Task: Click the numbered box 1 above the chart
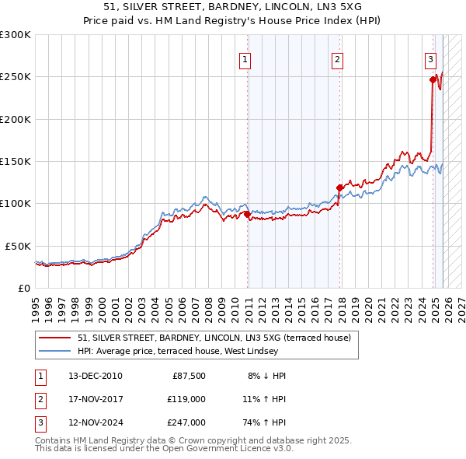click(x=245, y=59)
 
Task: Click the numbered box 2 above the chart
click(x=338, y=59)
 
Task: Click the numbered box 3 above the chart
click(x=429, y=59)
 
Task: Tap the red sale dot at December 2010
click(x=248, y=214)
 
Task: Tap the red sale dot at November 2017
click(x=339, y=187)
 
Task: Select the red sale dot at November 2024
click(x=433, y=79)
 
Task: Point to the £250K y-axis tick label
click(x=16, y=77)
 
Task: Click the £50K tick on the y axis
click(x=19, y=246)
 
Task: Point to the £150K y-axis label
click(x=16, y=162)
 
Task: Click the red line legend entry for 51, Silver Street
click(x=214, y=338)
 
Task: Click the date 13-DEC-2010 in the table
click(x=96, y=376)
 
